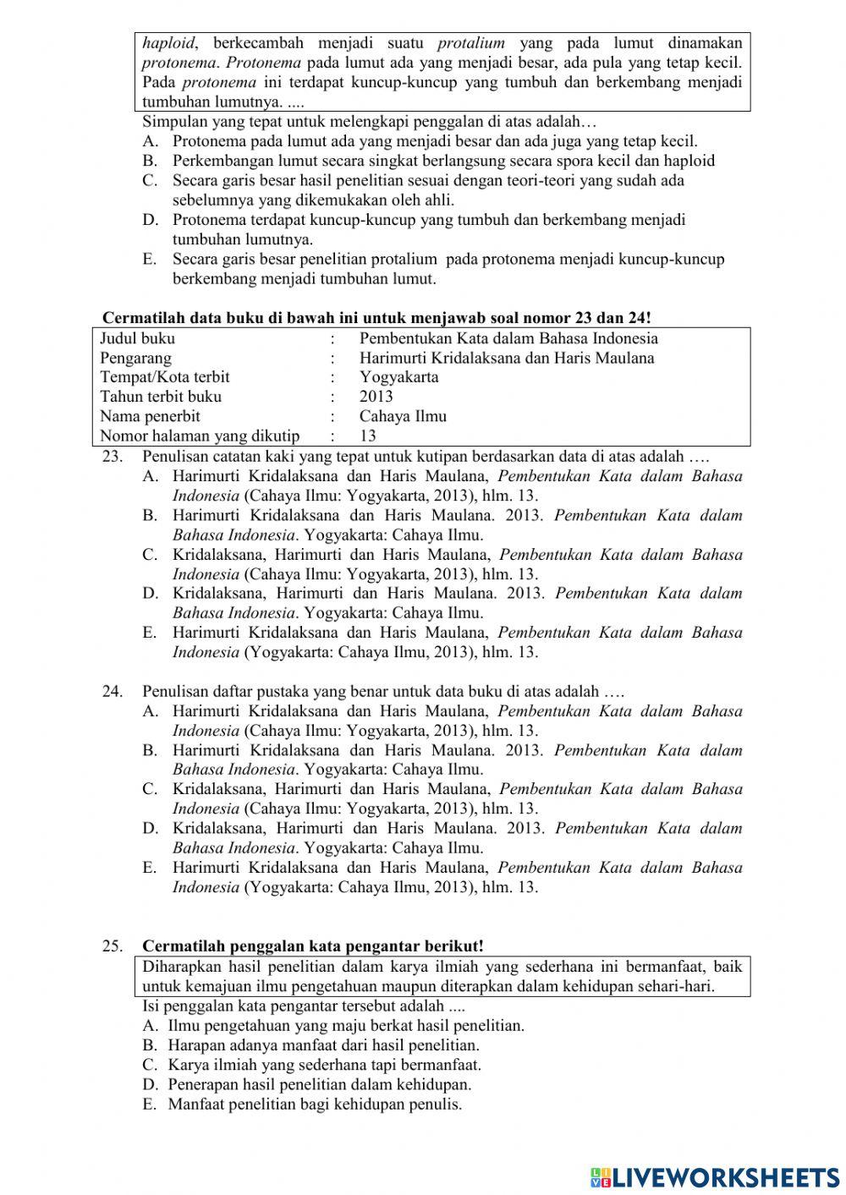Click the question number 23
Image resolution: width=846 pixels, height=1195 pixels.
click(113, 457)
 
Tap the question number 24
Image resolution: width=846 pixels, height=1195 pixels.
click(113, 692)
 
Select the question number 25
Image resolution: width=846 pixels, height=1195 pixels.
click(113, 946)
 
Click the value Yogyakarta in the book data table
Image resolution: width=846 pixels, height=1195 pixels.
click(398, 377)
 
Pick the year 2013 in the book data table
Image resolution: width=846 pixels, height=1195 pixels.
click(376, 397)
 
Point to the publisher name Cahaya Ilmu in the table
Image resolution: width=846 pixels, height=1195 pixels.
click(403, 416)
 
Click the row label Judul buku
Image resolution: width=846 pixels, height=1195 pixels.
click(138, 338)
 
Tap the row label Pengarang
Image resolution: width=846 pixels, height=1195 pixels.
click(135, 358)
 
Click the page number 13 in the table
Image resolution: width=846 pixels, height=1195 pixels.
click(368, 436)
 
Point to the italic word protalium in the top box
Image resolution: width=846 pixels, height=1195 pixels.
click(471, 43)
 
